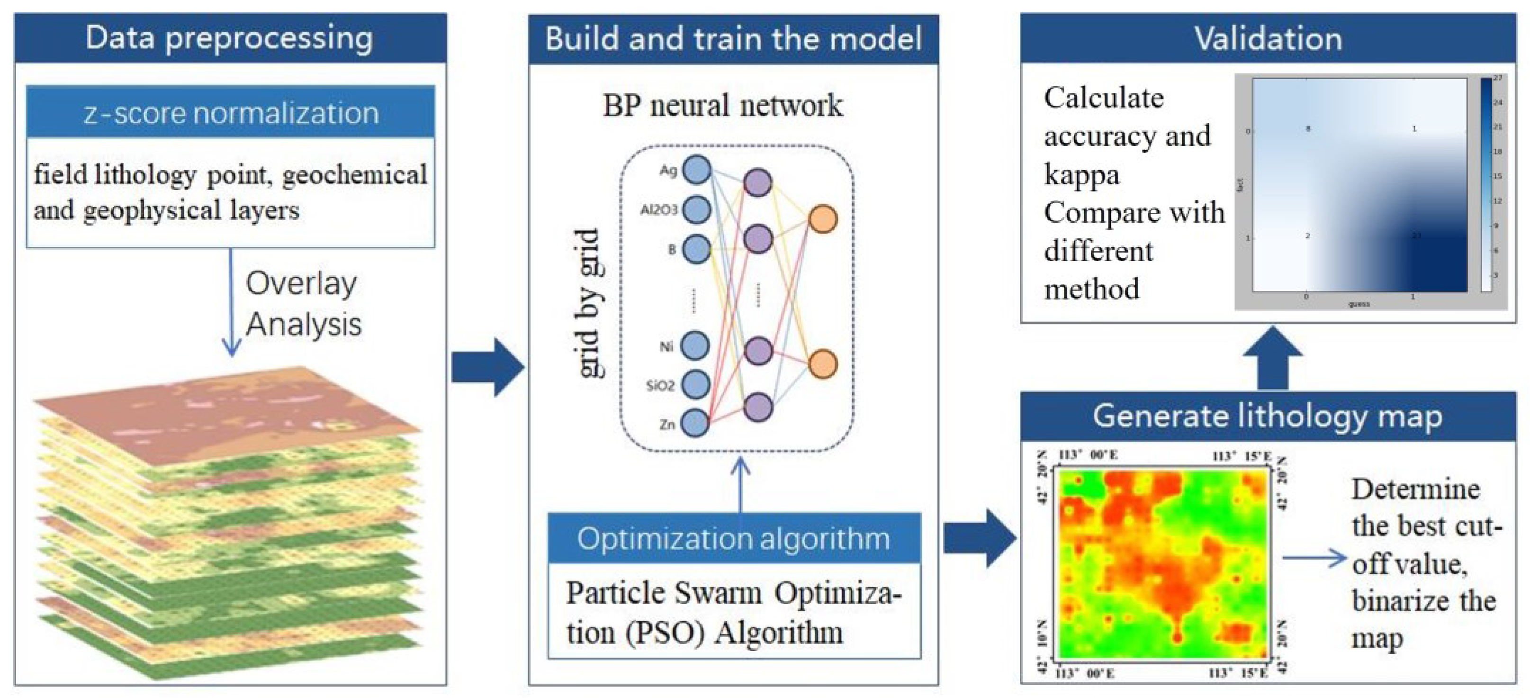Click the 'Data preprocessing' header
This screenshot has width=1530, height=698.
230,38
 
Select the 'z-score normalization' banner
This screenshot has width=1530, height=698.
231,113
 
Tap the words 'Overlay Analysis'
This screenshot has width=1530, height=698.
303,304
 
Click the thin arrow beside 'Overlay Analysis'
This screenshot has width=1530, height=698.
231,303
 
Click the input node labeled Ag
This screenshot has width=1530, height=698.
697,170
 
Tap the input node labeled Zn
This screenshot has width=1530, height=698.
695,424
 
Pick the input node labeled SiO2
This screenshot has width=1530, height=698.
695,384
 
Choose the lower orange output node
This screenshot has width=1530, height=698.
823,363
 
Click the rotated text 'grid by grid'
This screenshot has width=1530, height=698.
590,303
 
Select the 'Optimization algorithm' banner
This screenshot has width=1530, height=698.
734,539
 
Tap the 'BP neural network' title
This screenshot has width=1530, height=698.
722,106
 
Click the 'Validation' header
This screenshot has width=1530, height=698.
1268,38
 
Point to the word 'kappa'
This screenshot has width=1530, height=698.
1081,174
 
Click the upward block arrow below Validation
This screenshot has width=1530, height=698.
1272,358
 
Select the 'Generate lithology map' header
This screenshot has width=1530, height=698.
1268,416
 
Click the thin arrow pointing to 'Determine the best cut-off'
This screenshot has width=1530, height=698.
1314,558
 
